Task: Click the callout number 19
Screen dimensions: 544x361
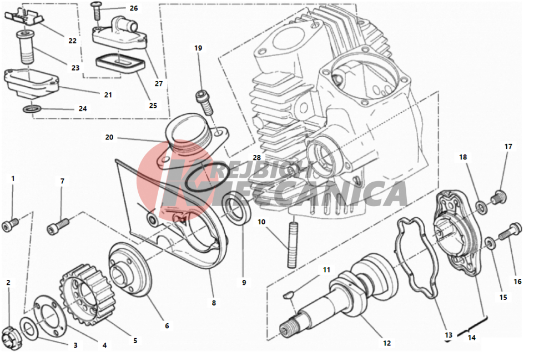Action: (x=198, y=48)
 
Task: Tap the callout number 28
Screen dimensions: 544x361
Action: (x=256, y=158)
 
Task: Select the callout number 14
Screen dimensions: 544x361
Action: (x=471, y=337)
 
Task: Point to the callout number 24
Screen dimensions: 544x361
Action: (x=83, y=109)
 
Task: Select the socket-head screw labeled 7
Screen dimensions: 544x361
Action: (x=58, y=227)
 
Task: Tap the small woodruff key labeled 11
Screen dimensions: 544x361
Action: (x=289, y=295)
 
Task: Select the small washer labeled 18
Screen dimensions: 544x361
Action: (x=481, y=207)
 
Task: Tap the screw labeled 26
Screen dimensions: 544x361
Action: (x=96, y=12)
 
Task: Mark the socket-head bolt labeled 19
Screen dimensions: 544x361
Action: (x=205, y=102)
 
